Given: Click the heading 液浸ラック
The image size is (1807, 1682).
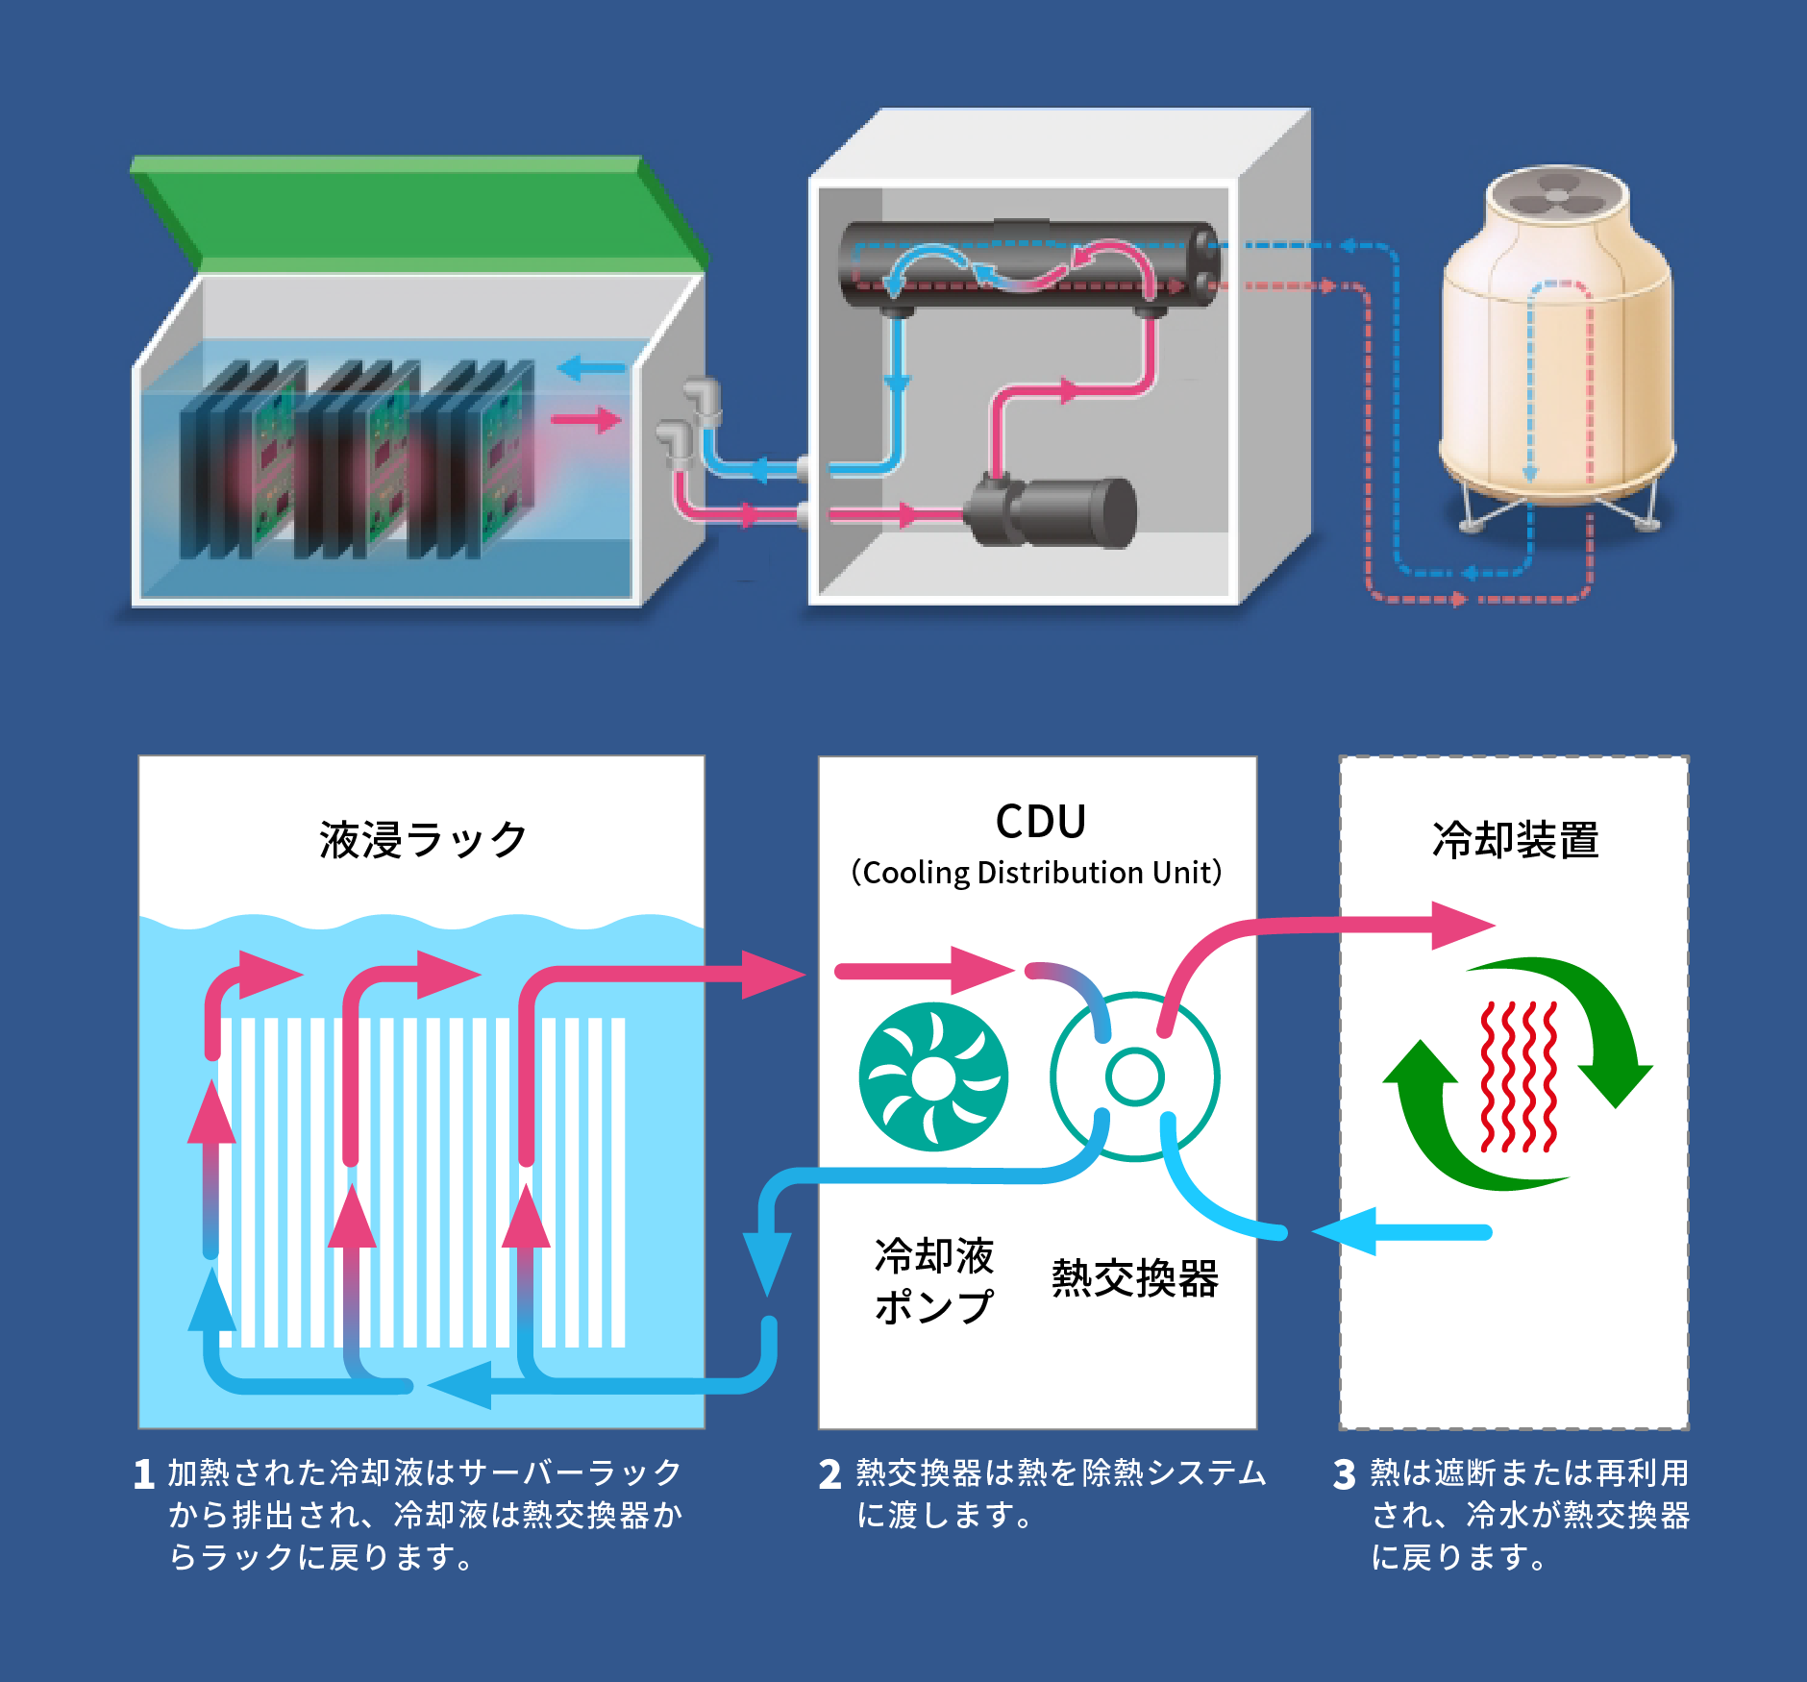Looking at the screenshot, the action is coord(423,840).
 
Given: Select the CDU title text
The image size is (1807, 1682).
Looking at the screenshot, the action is coord(1041,822).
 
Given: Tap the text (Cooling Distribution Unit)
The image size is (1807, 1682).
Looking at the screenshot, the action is coord(1037,873).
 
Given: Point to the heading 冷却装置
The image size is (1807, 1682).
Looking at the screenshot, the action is coord(1515,840).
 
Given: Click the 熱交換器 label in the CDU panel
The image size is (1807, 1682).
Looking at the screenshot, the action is coord(1135,1278).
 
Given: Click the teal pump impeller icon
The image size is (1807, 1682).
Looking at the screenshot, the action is coord(933,1077).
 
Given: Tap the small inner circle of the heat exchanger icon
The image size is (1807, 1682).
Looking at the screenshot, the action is coord(1135,1076).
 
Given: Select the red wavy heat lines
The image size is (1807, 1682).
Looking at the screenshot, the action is coord(1519,1076).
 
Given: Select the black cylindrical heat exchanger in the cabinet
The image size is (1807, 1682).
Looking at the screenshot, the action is coord(1028,265).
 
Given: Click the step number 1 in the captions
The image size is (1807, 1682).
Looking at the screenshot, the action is coord(144,1474).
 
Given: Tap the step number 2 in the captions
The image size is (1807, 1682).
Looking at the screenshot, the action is coord(830,1474).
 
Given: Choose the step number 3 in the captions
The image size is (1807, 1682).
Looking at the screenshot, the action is coord(1345,1474).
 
